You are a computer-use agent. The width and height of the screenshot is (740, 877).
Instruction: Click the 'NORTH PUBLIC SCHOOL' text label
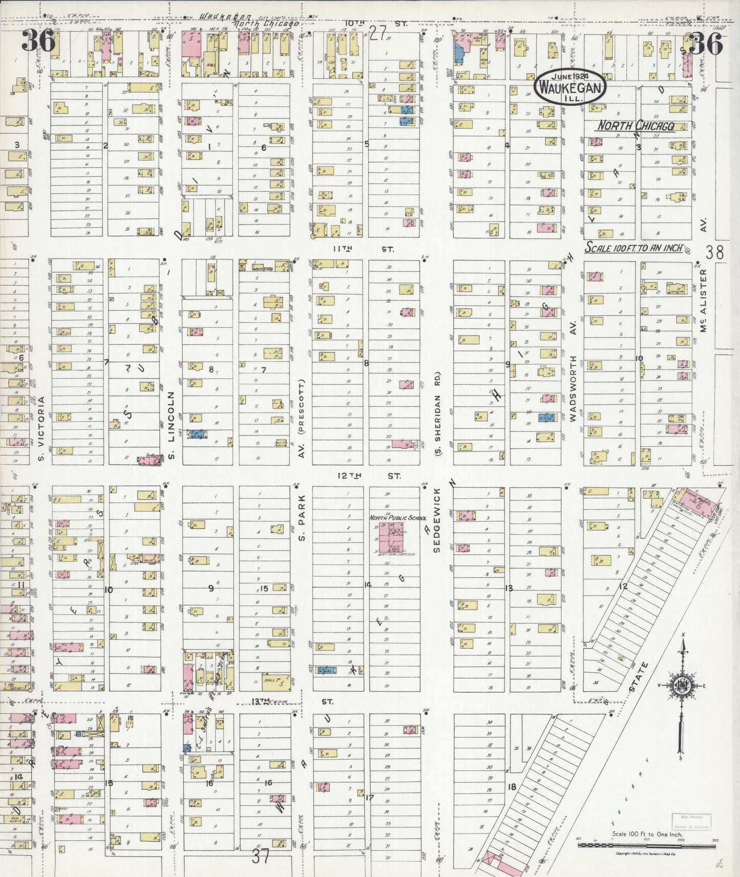click(x=398, y=518)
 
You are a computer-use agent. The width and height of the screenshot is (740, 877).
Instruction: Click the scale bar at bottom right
click(x=647, y=845)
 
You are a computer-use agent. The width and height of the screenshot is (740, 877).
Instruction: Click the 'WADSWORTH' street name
click(x=573, y=388)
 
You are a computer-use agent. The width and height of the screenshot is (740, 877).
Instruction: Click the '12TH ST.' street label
click(x=368, y=476)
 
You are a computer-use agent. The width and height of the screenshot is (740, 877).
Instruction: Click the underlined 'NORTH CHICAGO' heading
click(x=636, y=126)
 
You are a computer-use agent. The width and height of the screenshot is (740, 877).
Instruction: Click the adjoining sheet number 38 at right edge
click(x=714, y=252)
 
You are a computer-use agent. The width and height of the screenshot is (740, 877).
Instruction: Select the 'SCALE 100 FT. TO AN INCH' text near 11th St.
click(x=634, y=248)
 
